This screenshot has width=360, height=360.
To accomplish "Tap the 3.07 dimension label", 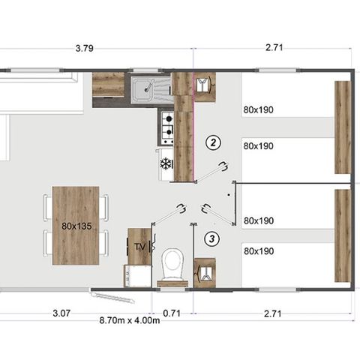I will (x=62, y=312).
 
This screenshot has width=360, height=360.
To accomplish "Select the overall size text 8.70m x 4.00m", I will (x=130, y=320).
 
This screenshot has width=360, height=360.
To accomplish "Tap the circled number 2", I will (x=214, y=142).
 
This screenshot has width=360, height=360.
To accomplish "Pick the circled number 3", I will (x=214, y=239).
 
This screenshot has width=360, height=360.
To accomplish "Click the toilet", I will (x=173, y=265).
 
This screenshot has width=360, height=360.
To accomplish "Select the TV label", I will (x=139, y=246).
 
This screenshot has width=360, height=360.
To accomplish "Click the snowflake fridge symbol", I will (x=166, y=163).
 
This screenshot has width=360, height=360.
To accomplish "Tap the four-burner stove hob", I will (x=166, y=126).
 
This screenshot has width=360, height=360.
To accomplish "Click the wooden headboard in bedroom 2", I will (x=342, y=117).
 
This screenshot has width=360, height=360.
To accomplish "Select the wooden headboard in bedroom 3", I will (x=342, y=235).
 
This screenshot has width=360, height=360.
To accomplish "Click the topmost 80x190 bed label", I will (x=258, y=109).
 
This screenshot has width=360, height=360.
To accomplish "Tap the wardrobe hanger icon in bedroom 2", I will (x=203, y=84).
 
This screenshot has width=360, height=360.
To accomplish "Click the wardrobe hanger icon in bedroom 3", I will (x=203, y=271).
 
